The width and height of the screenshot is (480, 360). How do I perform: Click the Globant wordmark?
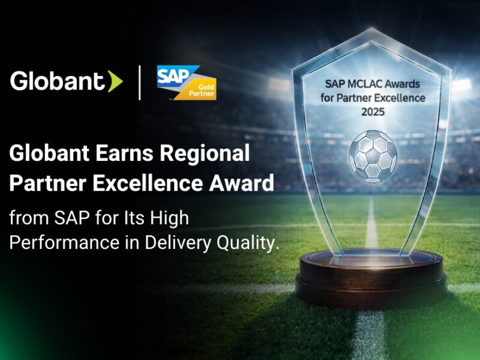pos(58,81)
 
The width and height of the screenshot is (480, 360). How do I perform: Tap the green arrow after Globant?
pos(115,82)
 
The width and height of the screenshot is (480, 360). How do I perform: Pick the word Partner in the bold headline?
pos(46,183)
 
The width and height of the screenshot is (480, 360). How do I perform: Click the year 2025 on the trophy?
pos(373,112)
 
